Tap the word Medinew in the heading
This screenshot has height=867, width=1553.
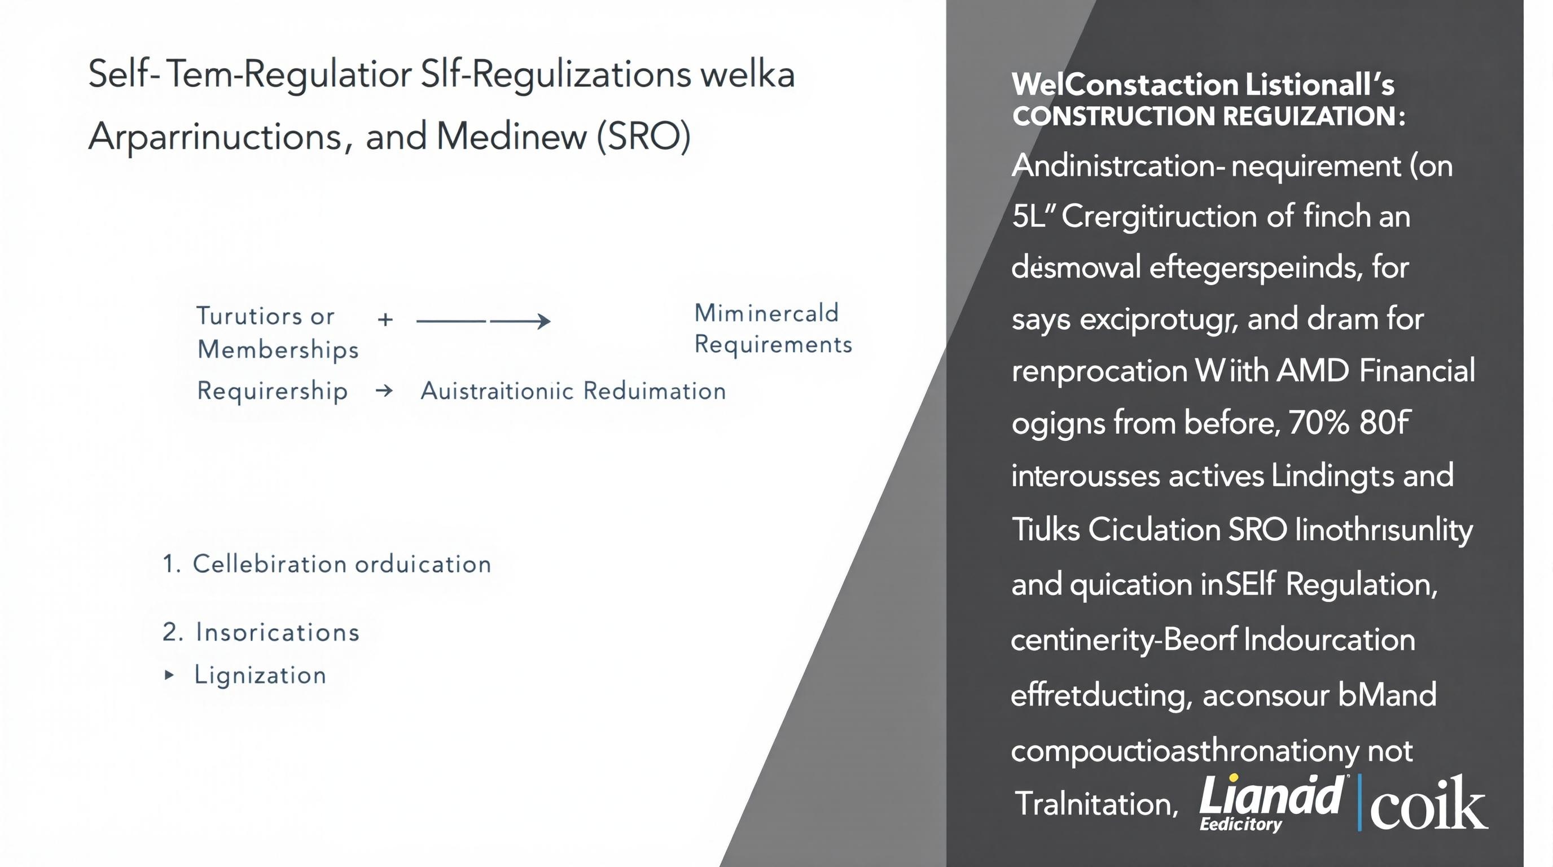point(511,136)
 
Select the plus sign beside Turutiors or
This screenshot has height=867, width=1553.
point(385,319)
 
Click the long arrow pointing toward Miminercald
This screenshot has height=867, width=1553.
point(483,321)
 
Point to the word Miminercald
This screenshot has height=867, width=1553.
point(766,313)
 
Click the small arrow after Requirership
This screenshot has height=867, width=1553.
point(384,391)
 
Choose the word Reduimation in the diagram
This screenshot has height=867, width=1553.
point(654,391)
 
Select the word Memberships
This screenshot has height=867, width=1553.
point(278,351)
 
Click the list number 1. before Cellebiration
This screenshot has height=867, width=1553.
point(171,564)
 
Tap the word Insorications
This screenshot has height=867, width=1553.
point(277,632)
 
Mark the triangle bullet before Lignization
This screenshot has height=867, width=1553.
point(169,675)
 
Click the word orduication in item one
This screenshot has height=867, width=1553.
point(423,564)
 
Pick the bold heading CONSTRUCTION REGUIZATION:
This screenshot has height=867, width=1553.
point(1208,116)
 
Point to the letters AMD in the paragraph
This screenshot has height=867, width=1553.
point(1312,370)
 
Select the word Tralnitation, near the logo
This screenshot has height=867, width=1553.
point(1096,804)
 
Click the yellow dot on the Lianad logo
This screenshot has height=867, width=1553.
point(1235,778)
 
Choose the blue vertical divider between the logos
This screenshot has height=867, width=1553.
point(1359,803)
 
